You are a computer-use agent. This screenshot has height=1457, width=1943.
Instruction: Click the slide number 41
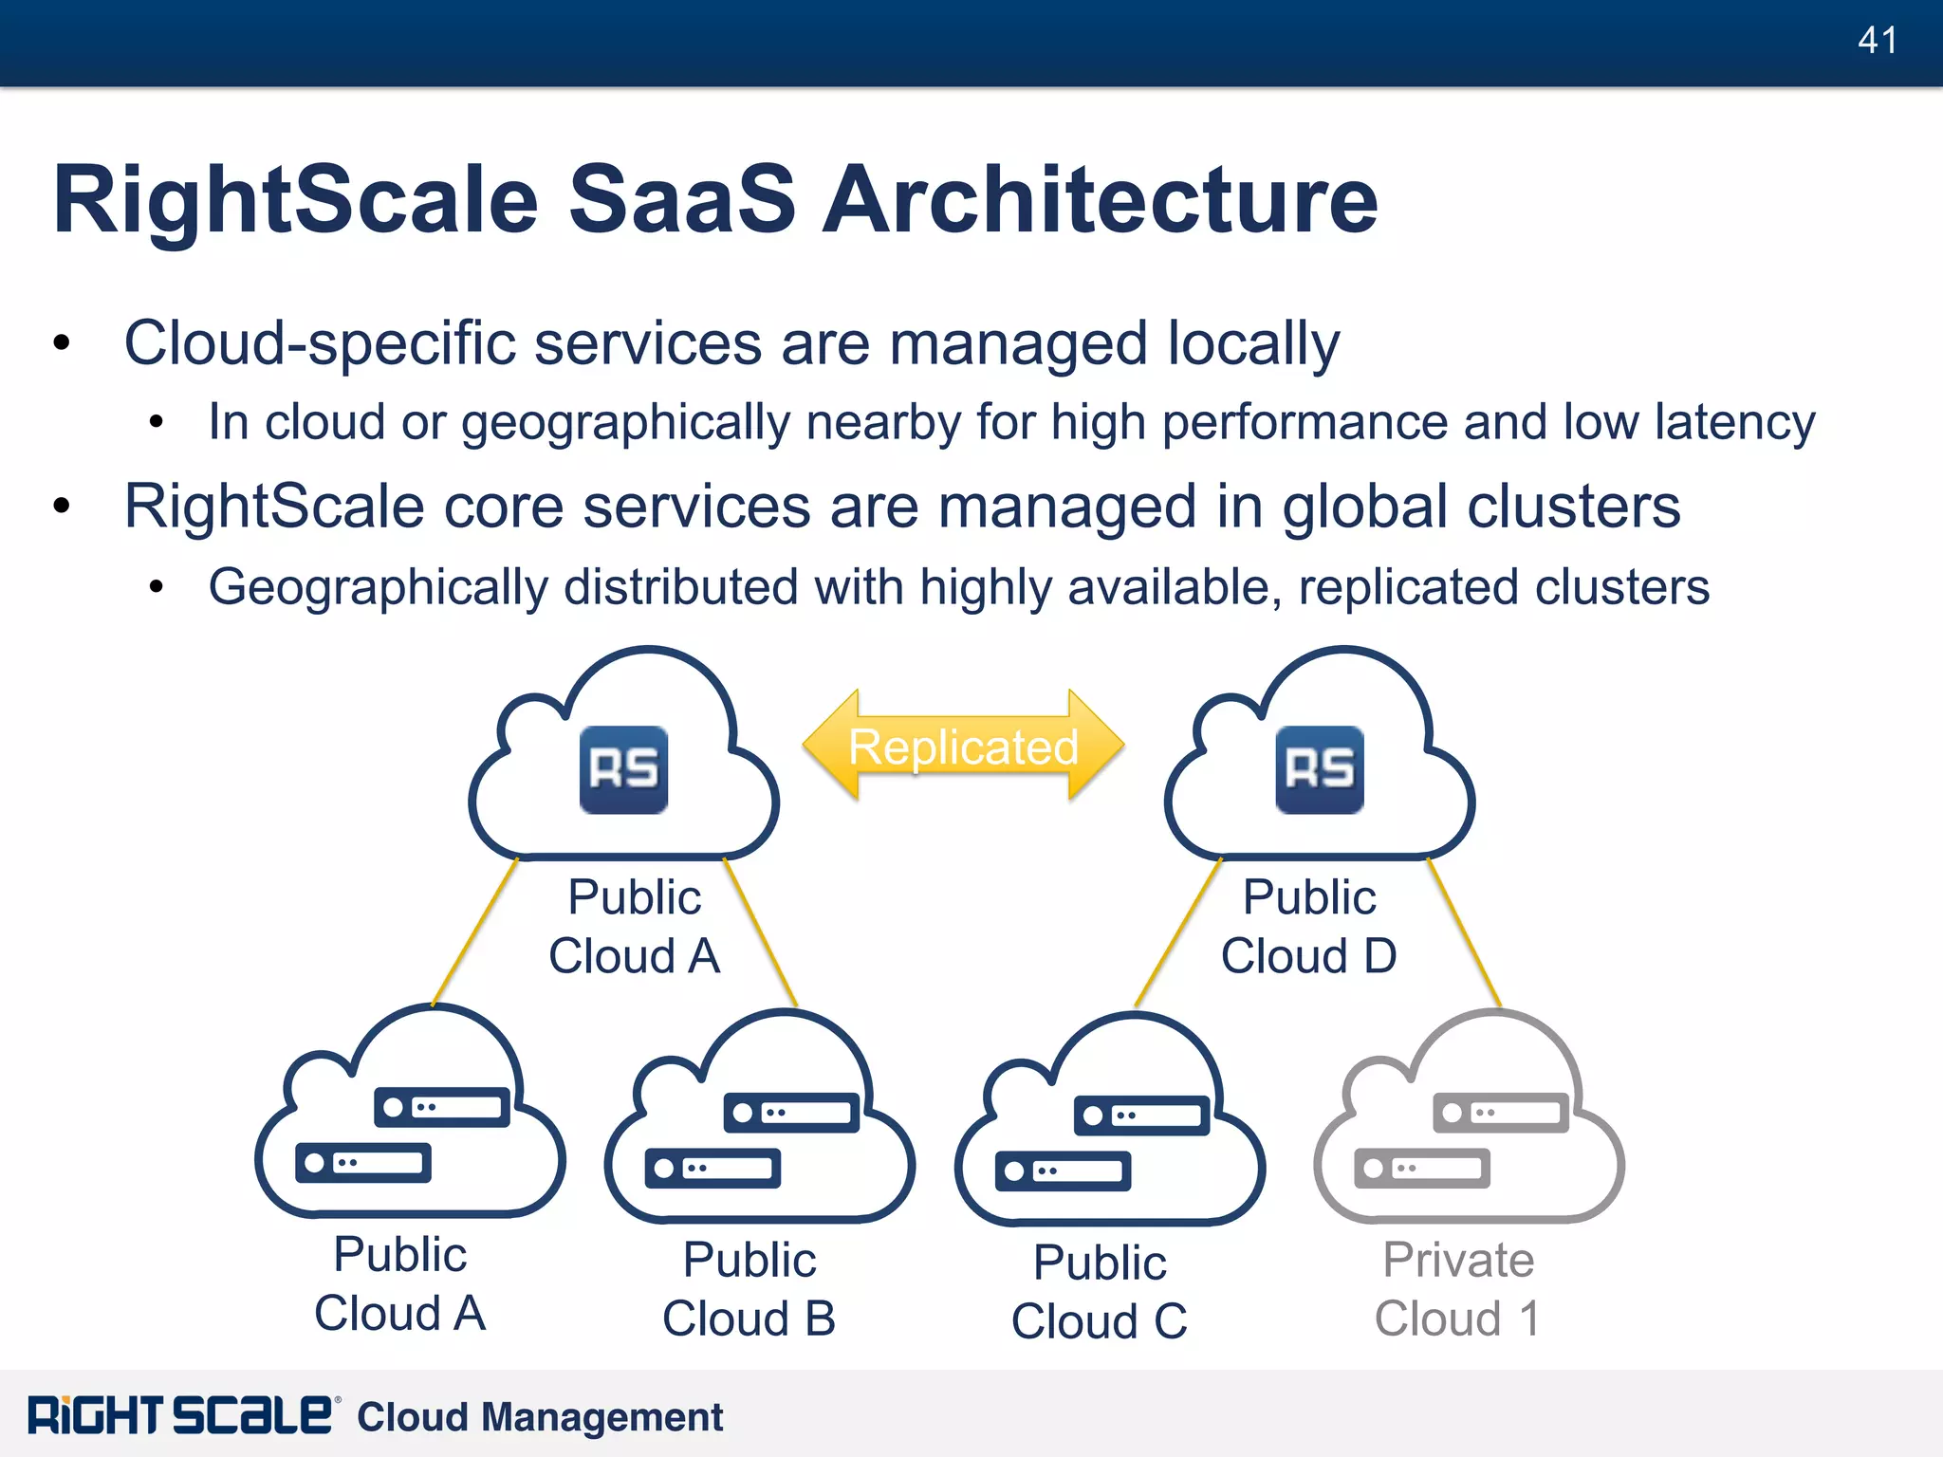[x=1878, y=41]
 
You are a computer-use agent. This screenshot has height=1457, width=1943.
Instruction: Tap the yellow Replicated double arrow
[x=963, y=747]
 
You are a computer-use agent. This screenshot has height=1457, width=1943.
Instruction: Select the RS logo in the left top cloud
[x=623, y=769]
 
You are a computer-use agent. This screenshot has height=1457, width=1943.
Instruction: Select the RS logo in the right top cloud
[x=1319, y=769]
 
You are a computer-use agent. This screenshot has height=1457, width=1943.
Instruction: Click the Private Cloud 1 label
[x=1458, y=1289]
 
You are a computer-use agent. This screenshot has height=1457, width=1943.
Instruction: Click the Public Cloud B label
[x=749, y=1289]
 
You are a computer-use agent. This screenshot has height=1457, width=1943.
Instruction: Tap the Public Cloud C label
[x=1100, y=1292]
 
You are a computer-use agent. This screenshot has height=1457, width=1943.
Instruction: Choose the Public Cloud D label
[x=1309, y=927]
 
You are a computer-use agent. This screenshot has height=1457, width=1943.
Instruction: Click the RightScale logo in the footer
[x=180, y=1416]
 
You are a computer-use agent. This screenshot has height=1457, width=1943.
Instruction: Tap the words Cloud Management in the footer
[x=540, y=1417]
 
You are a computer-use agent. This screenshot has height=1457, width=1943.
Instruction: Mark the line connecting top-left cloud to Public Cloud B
[x=760, y=931]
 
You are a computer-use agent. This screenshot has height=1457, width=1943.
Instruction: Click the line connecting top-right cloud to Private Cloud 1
[x=1464, y=931]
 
